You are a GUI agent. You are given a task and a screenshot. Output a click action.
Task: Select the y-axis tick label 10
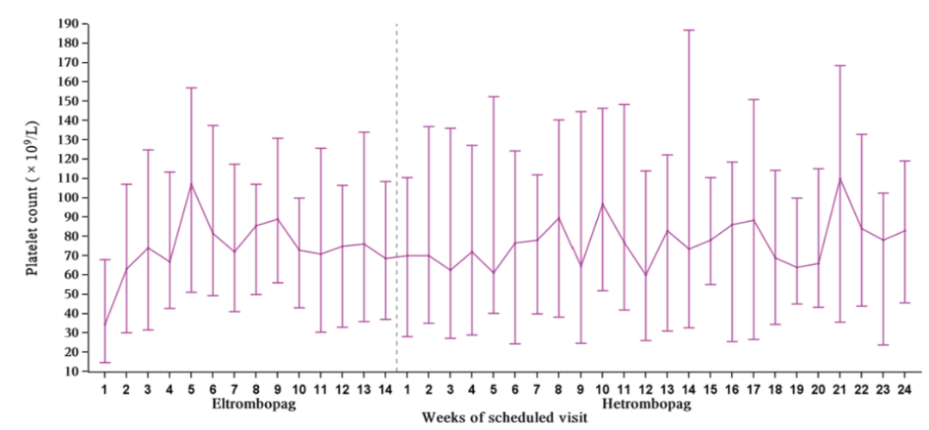[71, 372]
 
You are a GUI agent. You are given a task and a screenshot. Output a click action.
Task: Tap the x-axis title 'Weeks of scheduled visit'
[504, 418]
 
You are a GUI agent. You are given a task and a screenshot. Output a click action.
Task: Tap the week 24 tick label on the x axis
[905, 389]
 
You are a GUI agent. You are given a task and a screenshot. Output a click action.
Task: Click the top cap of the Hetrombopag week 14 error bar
[689, 30]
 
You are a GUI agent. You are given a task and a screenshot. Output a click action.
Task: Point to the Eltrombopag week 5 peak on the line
[191, 183]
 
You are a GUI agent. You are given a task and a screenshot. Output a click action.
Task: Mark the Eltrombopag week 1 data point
[105, 325]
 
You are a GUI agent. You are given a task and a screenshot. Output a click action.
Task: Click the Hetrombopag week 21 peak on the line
[840, 179]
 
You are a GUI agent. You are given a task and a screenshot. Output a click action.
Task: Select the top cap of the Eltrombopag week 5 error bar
[191, 88]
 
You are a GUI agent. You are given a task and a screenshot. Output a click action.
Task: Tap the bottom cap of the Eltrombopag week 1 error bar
[105, 362]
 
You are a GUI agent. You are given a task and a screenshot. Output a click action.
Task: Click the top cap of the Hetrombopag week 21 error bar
[840, 65]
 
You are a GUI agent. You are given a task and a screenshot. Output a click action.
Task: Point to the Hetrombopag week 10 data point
[602, 204]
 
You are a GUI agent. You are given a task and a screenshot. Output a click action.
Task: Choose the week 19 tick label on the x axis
[797, 389]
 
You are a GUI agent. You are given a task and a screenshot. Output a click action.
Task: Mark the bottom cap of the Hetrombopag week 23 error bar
[883, 345]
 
